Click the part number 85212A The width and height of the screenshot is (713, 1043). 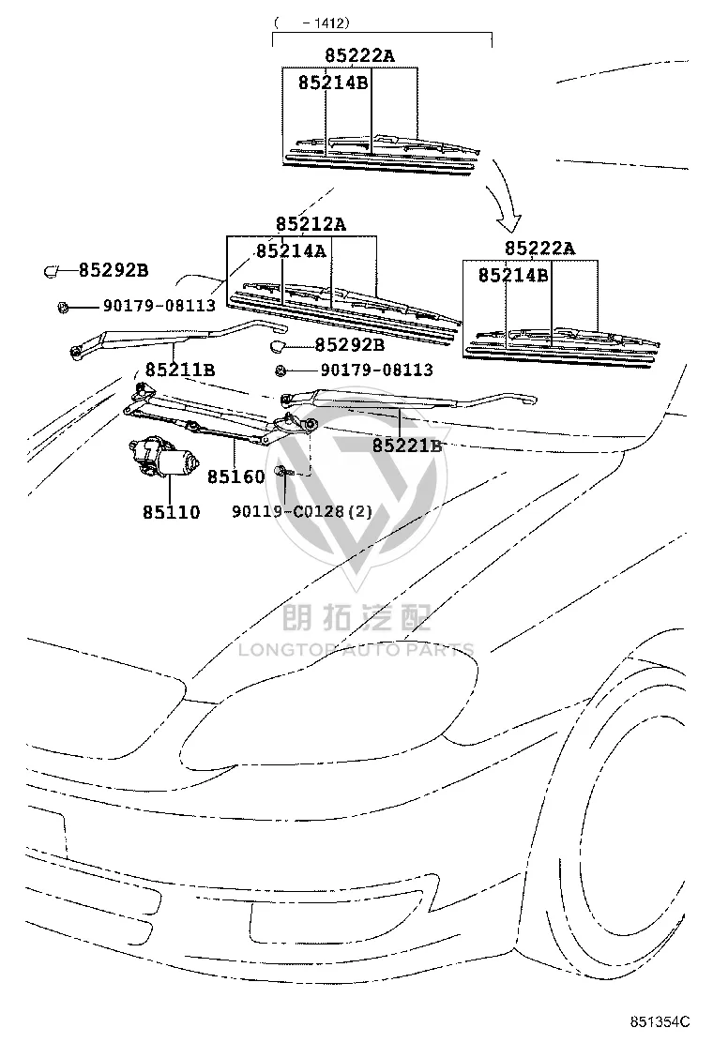click(311, 224)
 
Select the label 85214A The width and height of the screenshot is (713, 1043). click(292, 250)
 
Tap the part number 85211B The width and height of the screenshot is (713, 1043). click(179, 370)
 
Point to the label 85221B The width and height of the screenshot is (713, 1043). click(407, 446)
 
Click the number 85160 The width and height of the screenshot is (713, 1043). click(236, 476)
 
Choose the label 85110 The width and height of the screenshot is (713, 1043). click(171, 512)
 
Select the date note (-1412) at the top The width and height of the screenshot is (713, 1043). click(311, 23)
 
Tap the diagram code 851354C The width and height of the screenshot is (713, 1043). click(660, 1021)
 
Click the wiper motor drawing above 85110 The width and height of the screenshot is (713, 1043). click(163, 458)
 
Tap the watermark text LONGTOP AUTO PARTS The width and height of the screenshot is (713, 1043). click(356, 649)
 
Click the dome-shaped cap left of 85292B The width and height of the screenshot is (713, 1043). click(278, 345)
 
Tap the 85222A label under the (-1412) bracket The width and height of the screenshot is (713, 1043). click(359, 55)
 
